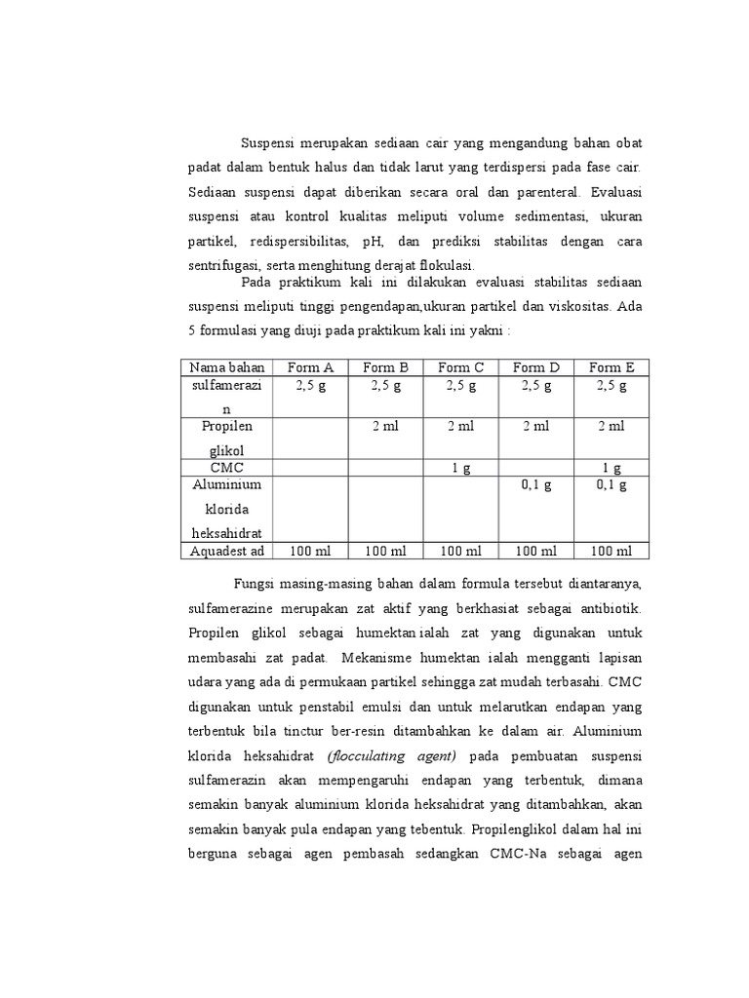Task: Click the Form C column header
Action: click(460, 367)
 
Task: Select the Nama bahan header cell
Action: click(227, 367)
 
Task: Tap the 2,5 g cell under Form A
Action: click(309, 385)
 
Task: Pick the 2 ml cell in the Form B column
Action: click(385, 426)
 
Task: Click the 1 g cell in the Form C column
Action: click(460, 468)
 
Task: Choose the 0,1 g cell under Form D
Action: click(535, 484)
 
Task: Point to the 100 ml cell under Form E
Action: click(611, 551)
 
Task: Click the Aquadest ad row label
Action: click(227, 551)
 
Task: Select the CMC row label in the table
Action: click(227, 468)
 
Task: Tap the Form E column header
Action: click(611, 367)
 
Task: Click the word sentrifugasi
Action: click(223, 265)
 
